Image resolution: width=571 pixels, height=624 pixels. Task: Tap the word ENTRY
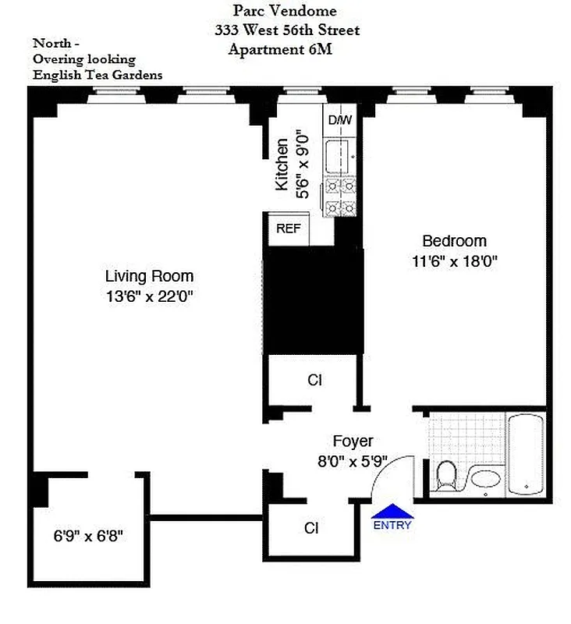pyautogui.click(x=392, y=526)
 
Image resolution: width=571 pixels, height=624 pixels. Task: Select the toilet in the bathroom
pyautogui.click(x=446, y=475)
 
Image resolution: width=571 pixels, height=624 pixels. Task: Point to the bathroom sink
pyautogui.click(x=487, y=478)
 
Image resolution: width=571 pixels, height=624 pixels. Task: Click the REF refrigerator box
pyautogui.click(x=288, y=229)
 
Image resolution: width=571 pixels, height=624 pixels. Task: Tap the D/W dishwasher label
pyautogui.click(x=339, y=120)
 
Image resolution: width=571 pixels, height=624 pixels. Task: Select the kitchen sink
pyautogui.click(x=341, y=155)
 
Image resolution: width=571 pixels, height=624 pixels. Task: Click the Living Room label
pyautogui.click(x=149, y=276)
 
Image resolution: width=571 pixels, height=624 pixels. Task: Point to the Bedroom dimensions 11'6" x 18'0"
pyautogui.click(x=454, y=261)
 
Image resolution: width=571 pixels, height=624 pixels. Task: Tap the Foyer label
pyautogui.click(x=353, y=441)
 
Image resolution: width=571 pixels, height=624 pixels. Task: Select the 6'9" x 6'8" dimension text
pyautogui.click(x=88, y=537)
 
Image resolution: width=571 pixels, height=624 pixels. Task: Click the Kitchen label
pyautogui.click(x=282, y=165)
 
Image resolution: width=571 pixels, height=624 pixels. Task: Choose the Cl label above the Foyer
pyautogui.click(x=314, y=381)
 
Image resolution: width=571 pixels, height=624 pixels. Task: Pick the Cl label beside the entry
pyautogui.click(x=311, y=528)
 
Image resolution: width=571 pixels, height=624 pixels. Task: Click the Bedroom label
pyautogui.click(x=454, y=241)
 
